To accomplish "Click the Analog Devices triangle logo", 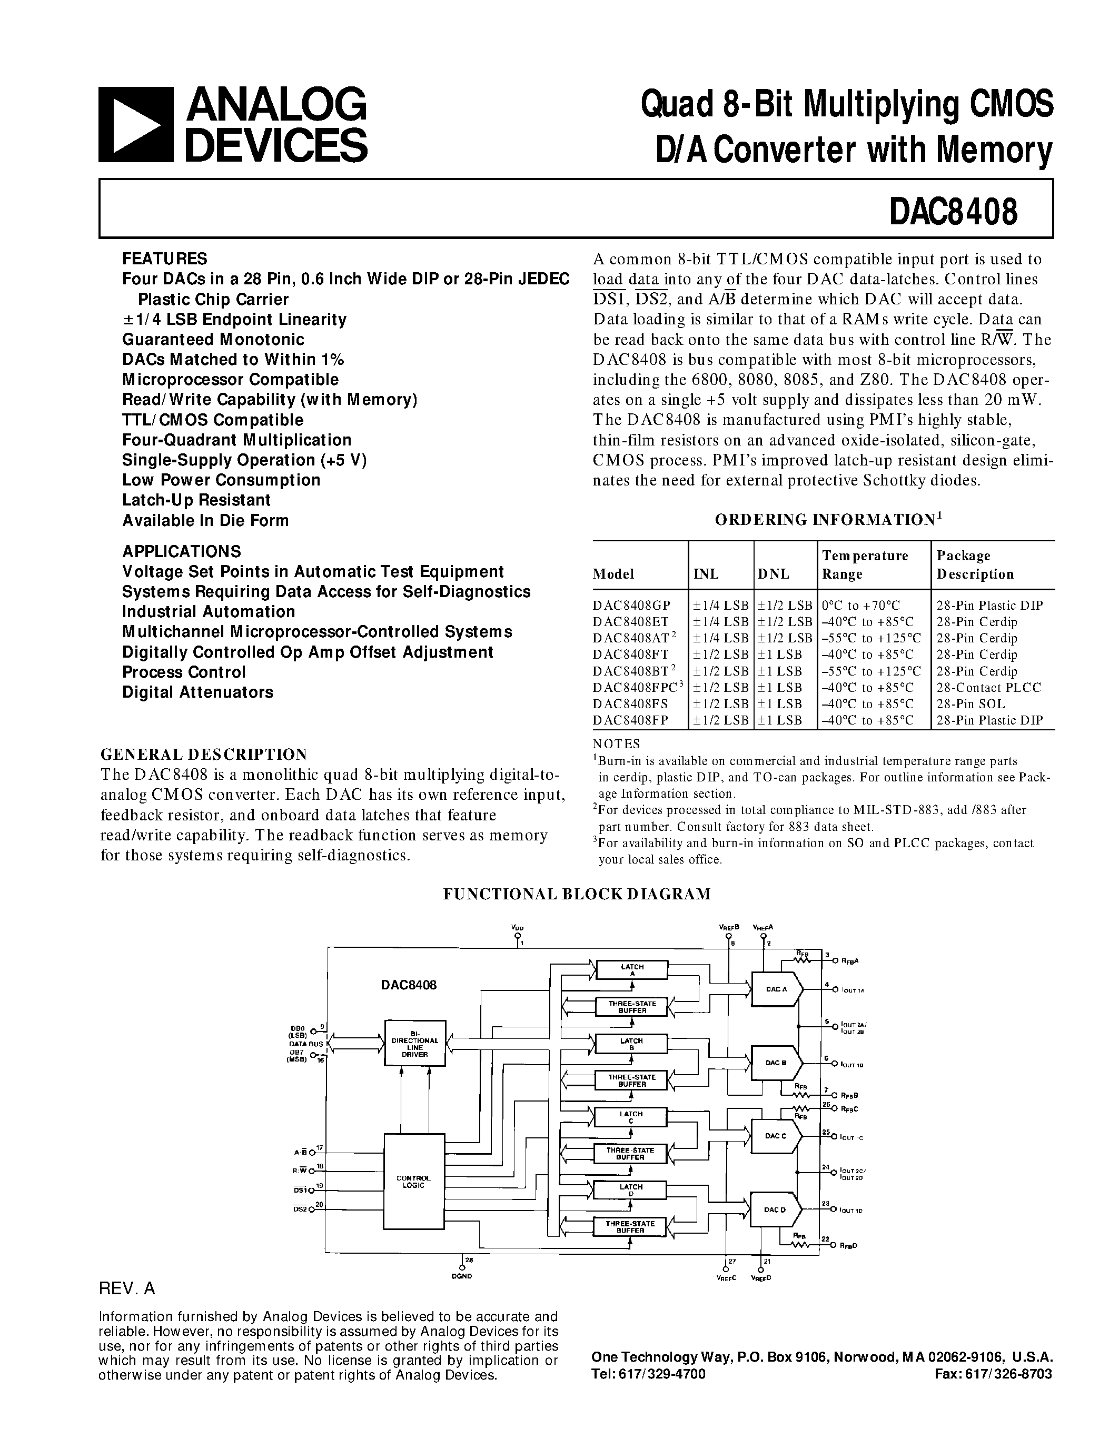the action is tap(135, 125).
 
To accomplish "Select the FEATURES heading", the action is tap(164, 259).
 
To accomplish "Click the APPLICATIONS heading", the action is tap(181, 551).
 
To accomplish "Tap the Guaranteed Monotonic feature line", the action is tap(213, 340).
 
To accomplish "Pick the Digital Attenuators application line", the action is tap(197, 692).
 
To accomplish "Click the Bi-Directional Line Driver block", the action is tap(415, 1044).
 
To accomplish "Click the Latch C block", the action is tap(630, 1117).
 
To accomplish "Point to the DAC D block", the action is tap(775, 1210).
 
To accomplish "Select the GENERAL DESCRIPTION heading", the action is tap(203, 755).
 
